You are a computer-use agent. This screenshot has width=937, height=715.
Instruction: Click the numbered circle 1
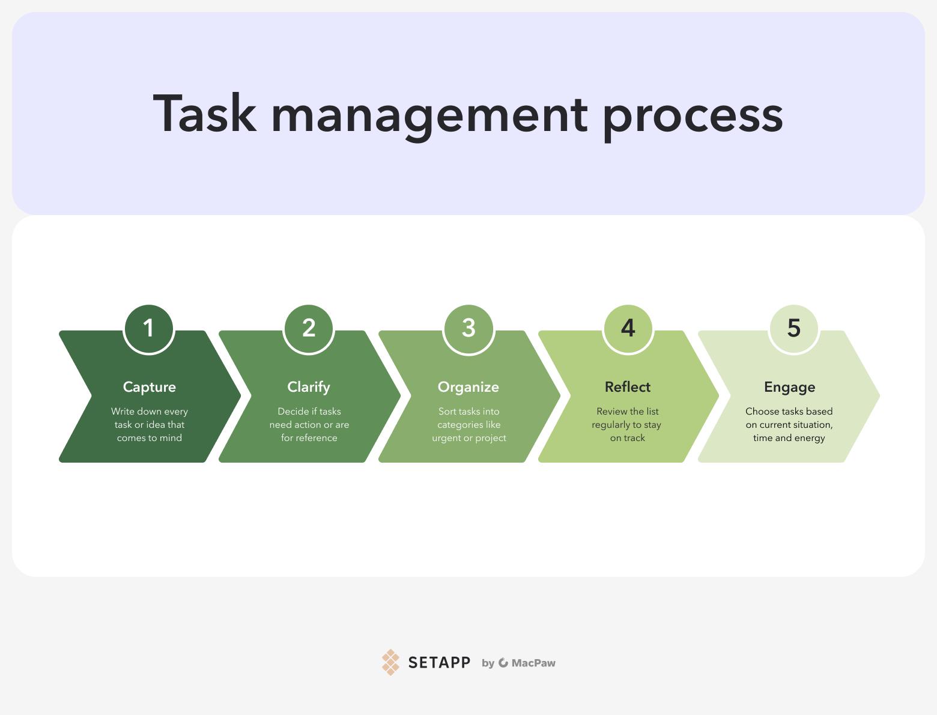148,329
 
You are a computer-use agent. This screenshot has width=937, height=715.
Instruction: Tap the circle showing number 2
309,329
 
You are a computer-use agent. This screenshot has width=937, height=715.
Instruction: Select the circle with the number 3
468,329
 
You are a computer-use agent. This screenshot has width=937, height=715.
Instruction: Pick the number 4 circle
628,329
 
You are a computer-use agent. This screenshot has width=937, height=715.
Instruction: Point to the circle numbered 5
793,329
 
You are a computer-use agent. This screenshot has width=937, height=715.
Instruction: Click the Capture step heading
150,387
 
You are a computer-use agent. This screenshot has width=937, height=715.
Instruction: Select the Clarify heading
309,387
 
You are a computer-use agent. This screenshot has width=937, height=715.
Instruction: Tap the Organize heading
468,387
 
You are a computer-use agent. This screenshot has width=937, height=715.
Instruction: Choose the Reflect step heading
628,387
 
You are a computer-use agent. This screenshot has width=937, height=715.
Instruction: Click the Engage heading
790,387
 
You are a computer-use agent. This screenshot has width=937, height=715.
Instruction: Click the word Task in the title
205,114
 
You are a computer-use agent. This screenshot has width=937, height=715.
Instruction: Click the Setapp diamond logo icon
390,662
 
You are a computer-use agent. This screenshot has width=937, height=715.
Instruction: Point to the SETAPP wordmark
439,663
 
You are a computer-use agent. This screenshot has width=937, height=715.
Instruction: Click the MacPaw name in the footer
533,663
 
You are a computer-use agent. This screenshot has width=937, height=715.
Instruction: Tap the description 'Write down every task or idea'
150,418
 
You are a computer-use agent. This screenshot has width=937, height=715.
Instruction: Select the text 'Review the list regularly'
626,418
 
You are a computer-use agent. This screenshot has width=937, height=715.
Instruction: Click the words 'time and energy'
789,438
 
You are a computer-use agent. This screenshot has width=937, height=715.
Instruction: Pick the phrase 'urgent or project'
469,438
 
